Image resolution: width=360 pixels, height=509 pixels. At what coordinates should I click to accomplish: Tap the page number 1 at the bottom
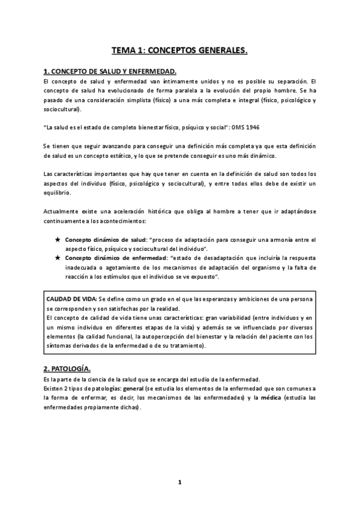[179, 482]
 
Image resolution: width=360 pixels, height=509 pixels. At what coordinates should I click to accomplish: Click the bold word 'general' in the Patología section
[133, 390]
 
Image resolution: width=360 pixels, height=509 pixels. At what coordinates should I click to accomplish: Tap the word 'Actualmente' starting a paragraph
[62, 212]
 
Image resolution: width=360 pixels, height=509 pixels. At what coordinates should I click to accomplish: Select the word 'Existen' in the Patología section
[55, 390]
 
